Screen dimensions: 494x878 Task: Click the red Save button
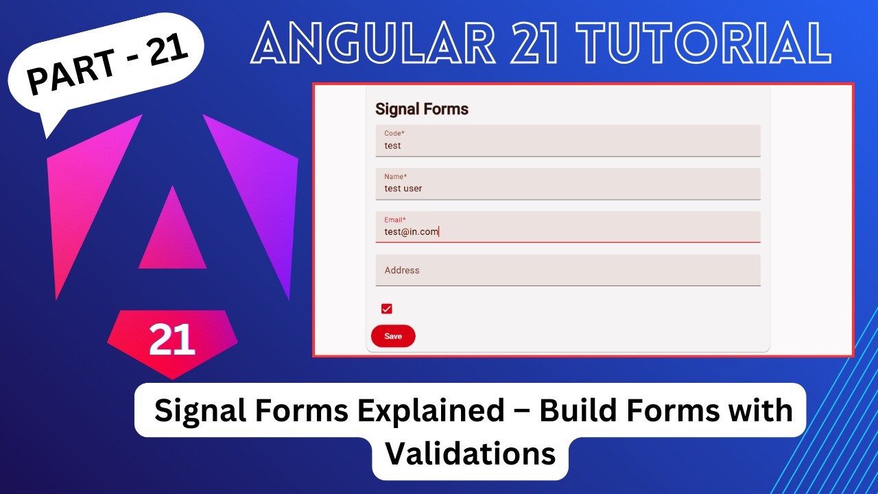pos(393,336)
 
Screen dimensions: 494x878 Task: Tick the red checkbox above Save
pos(387,309)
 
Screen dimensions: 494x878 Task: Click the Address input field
pos(568,270)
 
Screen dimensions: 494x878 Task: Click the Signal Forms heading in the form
pos(422,109)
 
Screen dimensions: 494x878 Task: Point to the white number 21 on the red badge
pos(171,339)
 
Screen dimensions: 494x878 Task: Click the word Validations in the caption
pos(471,454)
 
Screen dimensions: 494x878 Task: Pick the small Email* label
pos(395,220)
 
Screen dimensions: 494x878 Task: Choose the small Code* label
pos(394,134)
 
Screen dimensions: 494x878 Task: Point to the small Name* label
pos(396,177)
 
